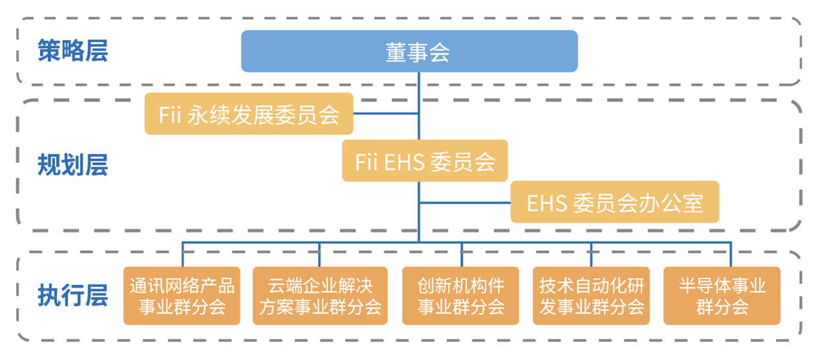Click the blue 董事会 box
(x=409, y=51)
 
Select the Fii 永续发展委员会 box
(x=249, y=114)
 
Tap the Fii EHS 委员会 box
(x=425, y=161)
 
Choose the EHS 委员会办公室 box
(x=615, y=202)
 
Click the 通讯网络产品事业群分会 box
(x=182, y=295)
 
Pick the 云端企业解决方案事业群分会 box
(x=320, y=295)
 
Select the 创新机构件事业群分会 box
(x=460, y=295)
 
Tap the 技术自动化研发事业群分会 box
(x=591, y=295)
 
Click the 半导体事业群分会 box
(x=722, y=295)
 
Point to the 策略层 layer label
(x=72, y=51)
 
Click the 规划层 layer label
(x=72, y=165)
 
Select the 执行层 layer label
(x=72, y=296)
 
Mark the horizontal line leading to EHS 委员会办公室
(x=465, y=202)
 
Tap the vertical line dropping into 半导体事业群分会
(x=731, y=254)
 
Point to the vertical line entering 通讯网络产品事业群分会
(x=182, y=254)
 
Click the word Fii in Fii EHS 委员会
(x=367, y=162)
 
